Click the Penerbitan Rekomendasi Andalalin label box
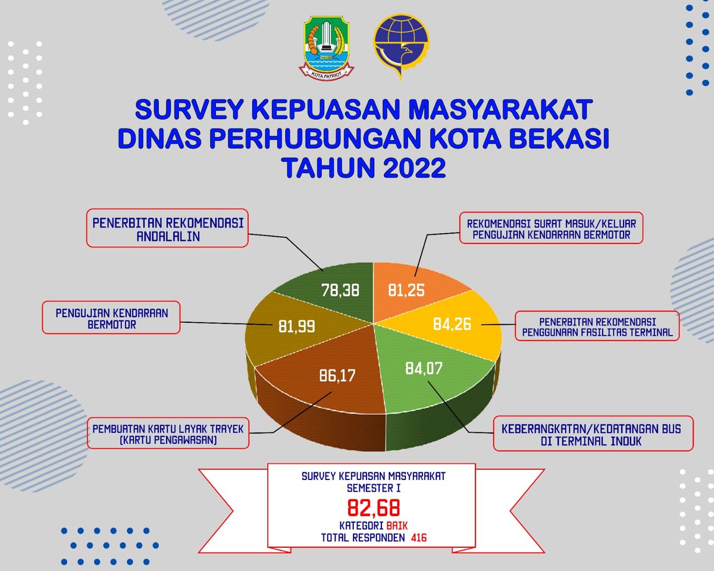point(167,228)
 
